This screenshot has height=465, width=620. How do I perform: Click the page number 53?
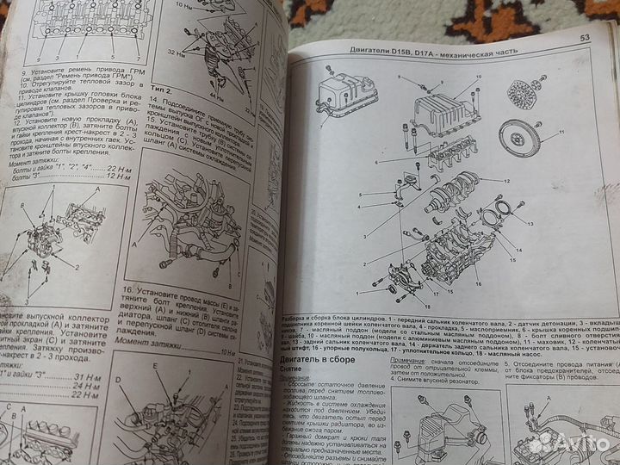click(x=584, y=36)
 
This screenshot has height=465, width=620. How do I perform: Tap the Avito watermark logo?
click(x=567, y=443)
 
